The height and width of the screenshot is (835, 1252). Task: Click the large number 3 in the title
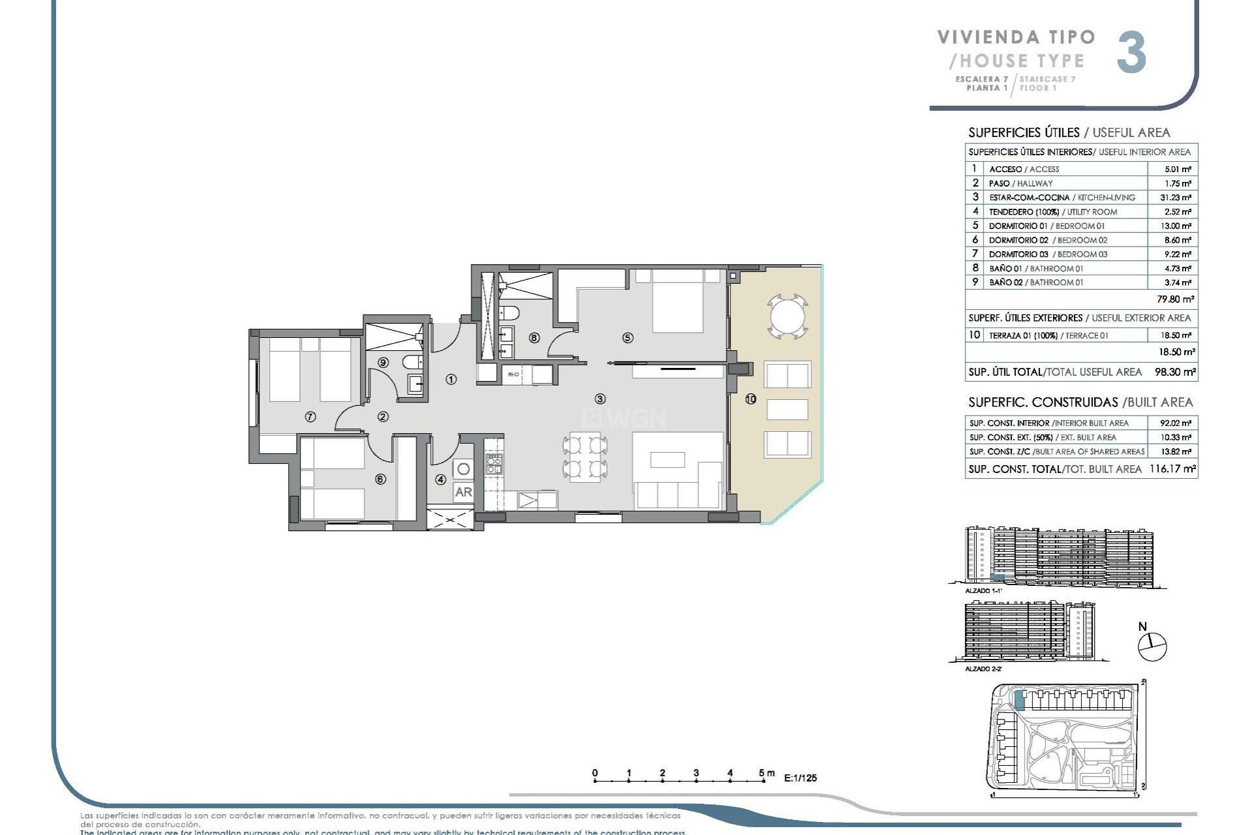click(x=1131, y=53)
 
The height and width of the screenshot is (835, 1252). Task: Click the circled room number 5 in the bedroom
click(x=627, y=338)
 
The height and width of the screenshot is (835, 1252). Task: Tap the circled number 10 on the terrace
click(x=751, y=399)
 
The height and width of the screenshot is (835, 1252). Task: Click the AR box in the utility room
click(x=464, y=492)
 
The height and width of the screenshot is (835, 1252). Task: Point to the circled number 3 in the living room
click(x=600, y=399)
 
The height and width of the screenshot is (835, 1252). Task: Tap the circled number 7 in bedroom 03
click(x=310, y=417)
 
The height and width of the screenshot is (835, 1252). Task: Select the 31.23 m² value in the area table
click(x=1178, y=198)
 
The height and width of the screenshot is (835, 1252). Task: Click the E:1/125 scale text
click(x=800, y=778)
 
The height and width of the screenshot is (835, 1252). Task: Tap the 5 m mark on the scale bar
click(x=762, y=774)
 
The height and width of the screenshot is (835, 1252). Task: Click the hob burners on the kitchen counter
click(x=494, y=464)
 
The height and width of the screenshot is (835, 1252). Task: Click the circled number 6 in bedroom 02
click(x=381, y=479)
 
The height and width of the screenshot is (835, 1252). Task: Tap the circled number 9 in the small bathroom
click(x=383, y=363)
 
